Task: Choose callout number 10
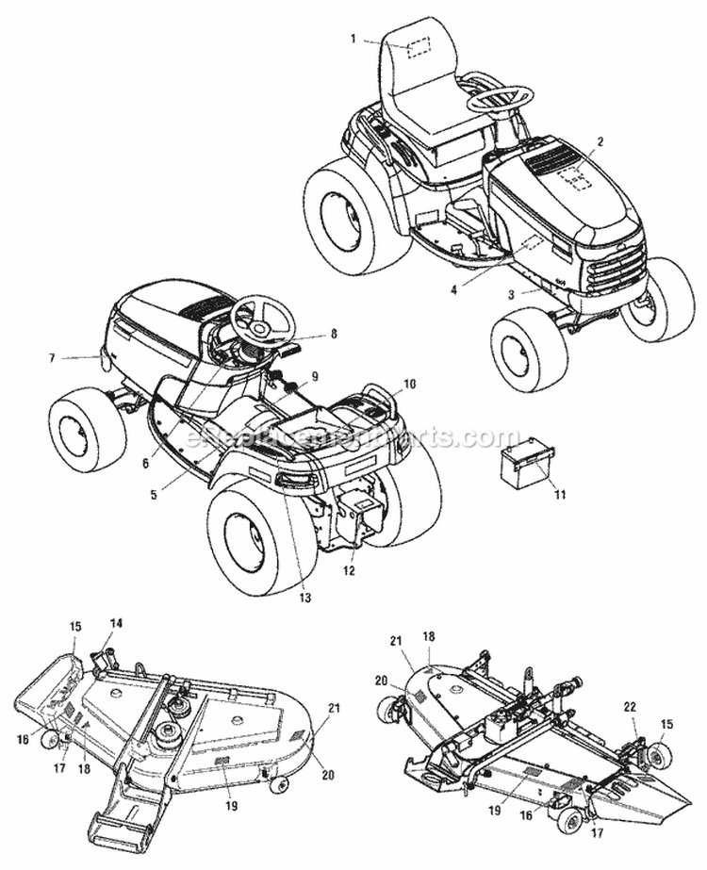point(383,385)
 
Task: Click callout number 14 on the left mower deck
point(116,623)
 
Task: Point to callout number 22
point(629,708)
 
